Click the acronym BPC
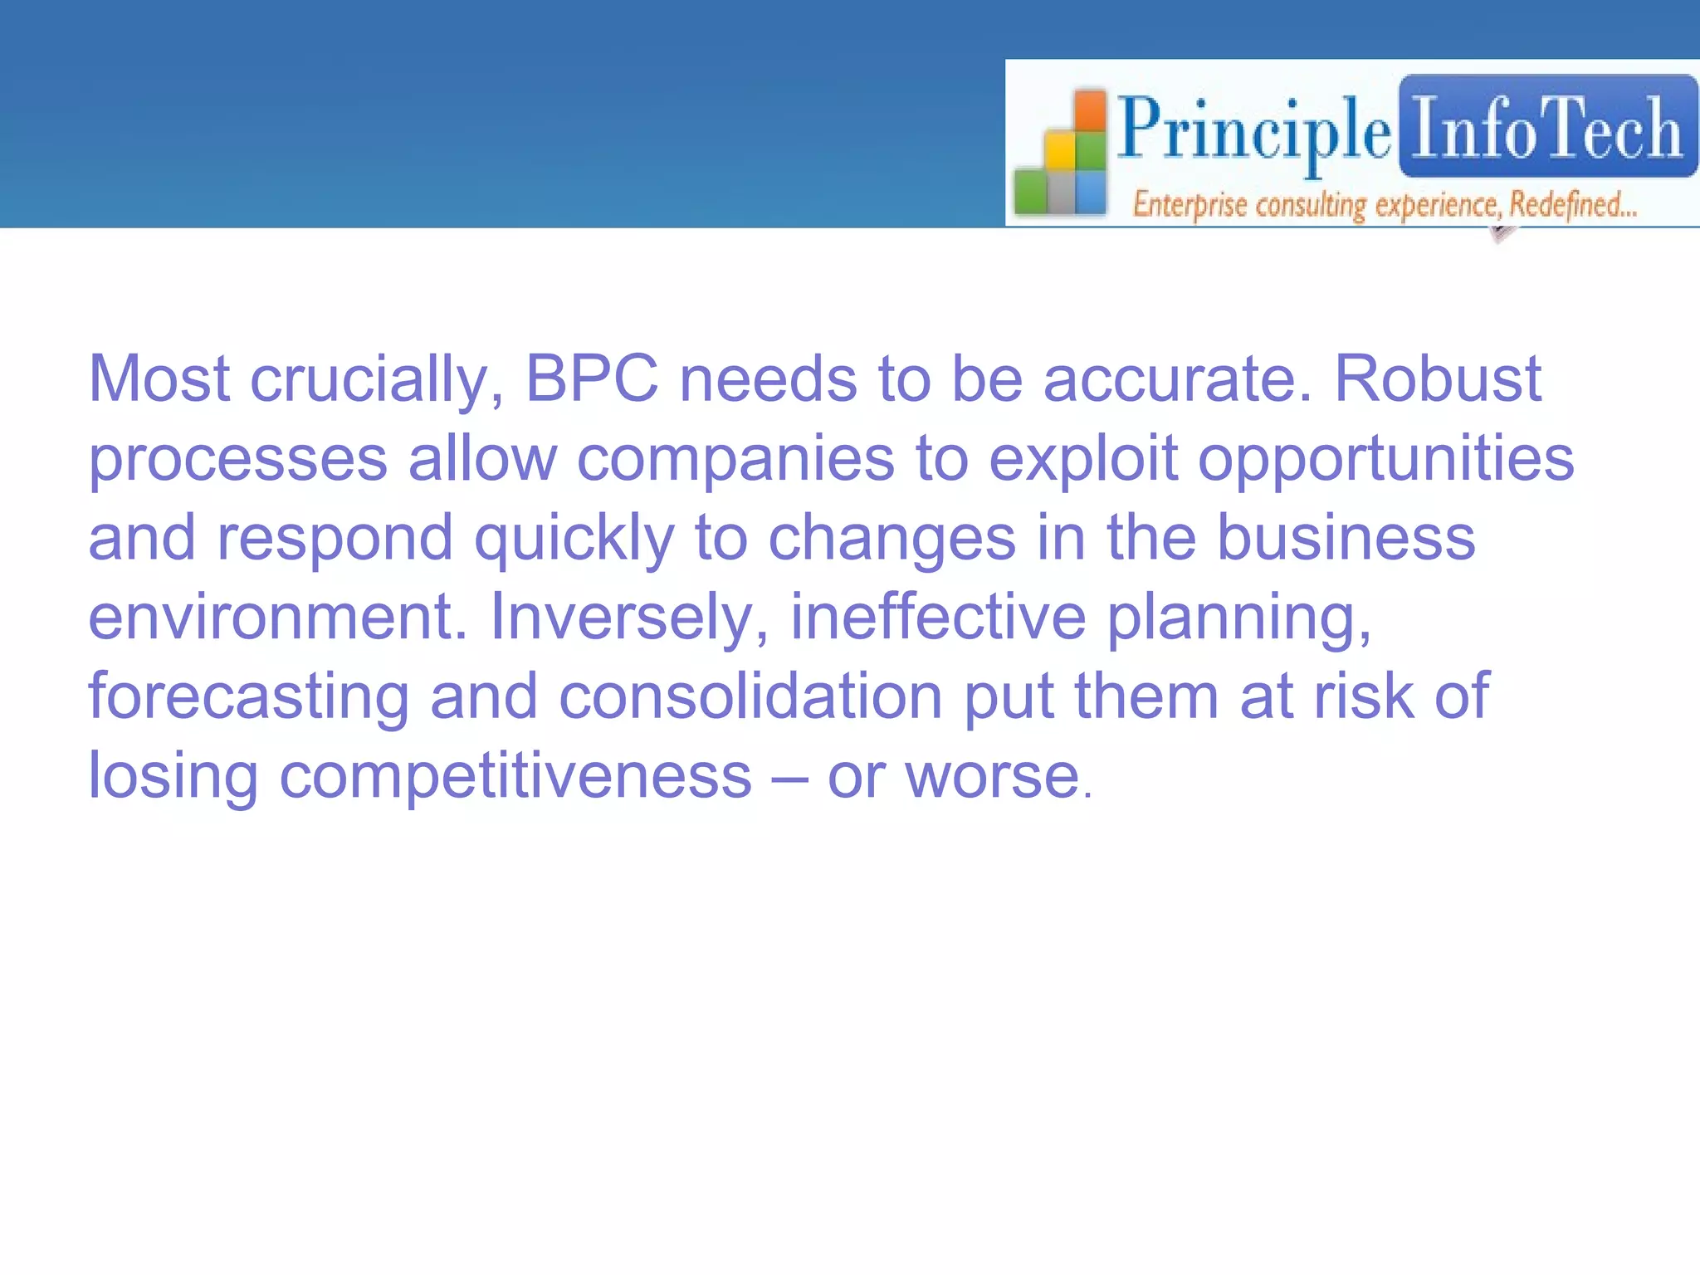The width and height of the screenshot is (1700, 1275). click(592, 379)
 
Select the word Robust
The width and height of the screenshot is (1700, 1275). click(1437, 379)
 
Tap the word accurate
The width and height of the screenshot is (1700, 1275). click(1177, 379)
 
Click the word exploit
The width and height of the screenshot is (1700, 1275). click(1083, 459)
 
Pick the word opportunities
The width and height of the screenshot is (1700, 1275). click(1385, 459)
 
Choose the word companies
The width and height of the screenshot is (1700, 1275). click(735, 459)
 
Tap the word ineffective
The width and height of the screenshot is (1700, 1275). click(938, 617)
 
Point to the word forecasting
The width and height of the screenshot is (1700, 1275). click(249, 697)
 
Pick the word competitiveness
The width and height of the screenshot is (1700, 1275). click(515, 776)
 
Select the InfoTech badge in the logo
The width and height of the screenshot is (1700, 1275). click(1547, 127)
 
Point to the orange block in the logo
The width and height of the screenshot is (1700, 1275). click(1091, 113)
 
